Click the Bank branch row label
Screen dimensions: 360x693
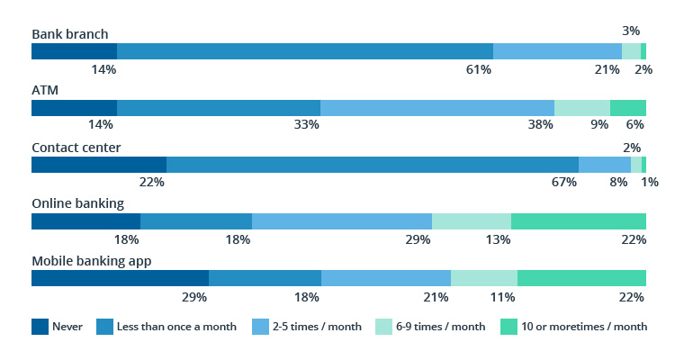click(70, 34)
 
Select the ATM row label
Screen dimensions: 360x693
click(45, 91)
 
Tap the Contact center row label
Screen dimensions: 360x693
click(76, 148)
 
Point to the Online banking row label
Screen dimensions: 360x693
click(77, 204)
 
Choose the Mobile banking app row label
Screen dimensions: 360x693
click(91, 261)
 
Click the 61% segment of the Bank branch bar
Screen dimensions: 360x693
click(305, 51)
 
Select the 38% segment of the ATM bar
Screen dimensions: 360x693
click(437, 108)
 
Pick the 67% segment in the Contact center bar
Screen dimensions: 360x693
click(373, 165)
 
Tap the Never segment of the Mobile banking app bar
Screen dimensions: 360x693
click(120, 278)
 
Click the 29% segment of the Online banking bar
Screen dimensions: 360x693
click(342, 221)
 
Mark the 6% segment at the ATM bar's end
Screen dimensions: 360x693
click(628, 108)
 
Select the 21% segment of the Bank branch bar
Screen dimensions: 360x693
click(557, 51)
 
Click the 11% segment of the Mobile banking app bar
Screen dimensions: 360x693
click(484, 278)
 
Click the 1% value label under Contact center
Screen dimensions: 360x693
click(650, 182)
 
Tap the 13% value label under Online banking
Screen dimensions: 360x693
click(498, 239)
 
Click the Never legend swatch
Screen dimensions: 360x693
click(40, 327)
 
